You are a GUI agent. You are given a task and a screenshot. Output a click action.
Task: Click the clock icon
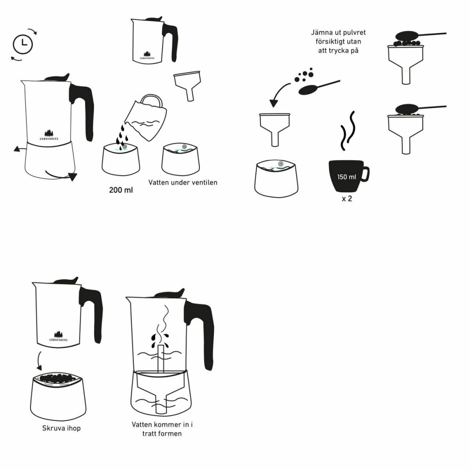click(23, 44)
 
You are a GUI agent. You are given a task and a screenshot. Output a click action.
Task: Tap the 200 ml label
click(121, 191)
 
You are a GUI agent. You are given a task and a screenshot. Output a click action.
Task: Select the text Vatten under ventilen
click(183, 182)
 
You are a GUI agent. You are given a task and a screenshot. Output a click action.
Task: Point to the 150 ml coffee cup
click(348, 177)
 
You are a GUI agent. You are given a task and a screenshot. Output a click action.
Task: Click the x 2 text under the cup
click(347, 199)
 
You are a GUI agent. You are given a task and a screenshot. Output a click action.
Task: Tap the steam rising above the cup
click(348, 132)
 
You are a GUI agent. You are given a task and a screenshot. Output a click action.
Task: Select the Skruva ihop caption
click(58, 428)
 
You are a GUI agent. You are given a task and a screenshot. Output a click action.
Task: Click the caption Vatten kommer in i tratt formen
click(162, 429)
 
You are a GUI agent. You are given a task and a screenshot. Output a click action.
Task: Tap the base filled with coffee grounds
click(58, 397)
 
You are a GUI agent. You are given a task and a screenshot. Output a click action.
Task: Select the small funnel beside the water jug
click(187, 85)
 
